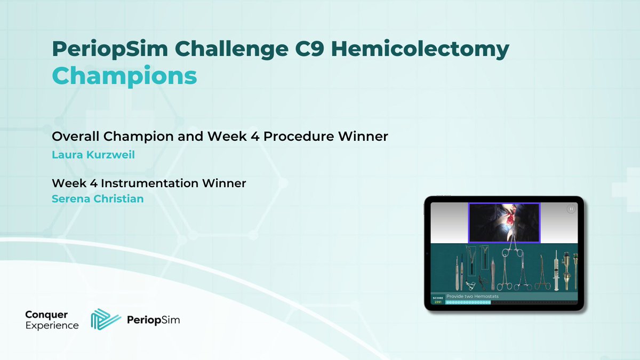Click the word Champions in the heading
coord(124,76)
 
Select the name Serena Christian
coord(98,199)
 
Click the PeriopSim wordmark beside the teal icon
coord(153,321)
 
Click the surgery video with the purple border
coord(504,222)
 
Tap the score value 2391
coord(438,302)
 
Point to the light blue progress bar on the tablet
coord(468,302)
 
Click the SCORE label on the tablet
coord(438,298)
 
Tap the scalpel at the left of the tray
coord(457,273)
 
